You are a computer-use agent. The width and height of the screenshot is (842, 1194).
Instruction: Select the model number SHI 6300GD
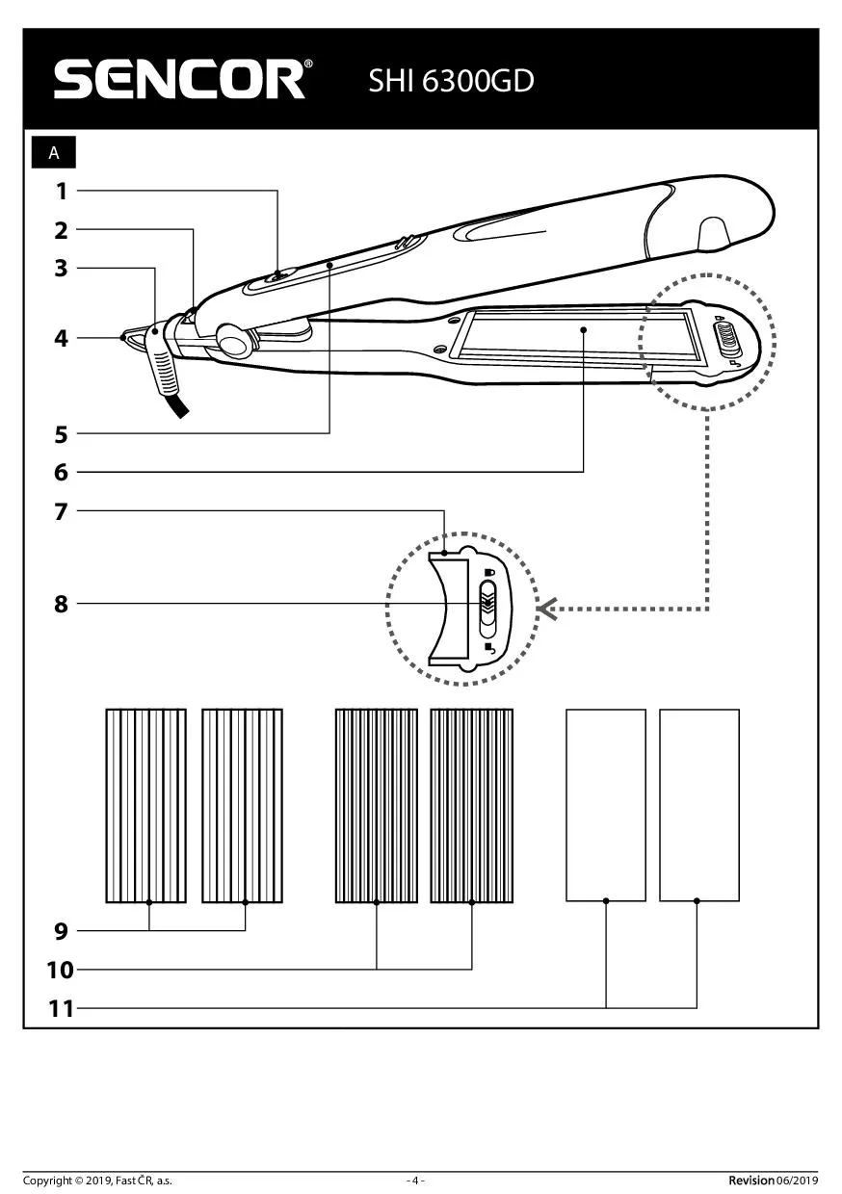point(451,81)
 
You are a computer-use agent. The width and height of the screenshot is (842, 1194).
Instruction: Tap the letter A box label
point(54,153)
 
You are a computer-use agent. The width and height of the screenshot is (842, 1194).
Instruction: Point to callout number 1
point(62,191)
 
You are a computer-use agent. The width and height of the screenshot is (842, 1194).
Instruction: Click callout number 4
point(62,338)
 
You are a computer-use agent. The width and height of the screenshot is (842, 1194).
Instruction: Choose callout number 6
point(62,472)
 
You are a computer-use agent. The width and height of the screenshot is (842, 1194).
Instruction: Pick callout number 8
point(62,604)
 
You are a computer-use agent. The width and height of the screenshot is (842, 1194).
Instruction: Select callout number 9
point(62,931)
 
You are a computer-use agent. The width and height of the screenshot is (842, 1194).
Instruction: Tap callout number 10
point(60,970)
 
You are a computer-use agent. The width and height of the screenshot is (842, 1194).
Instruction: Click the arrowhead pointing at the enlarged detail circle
point(548,609)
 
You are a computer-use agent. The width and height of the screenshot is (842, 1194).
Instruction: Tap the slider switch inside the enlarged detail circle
point(488,608)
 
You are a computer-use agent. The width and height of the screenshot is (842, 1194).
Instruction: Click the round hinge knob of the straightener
point(231,338)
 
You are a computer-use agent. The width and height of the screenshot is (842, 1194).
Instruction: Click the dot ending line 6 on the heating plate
point(584,329)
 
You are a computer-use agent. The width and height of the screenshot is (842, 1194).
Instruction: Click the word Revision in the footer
point(750,1181)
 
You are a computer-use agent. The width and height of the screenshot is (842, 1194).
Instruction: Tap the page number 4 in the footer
point(415,1181)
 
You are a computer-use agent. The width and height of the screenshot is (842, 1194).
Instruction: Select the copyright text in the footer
point(97,1181)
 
